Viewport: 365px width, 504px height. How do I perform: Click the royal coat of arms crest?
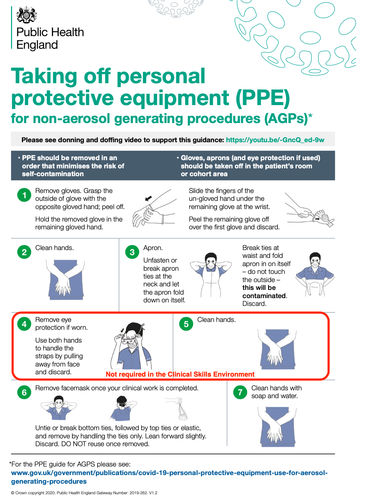pos(27,15)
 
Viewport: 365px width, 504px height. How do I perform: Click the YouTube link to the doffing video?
pos(275,140)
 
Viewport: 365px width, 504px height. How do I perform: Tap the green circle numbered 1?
pos(24,195)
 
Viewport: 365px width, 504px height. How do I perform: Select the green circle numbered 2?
pos(24,252)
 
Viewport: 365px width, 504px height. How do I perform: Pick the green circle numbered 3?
pos(132,252)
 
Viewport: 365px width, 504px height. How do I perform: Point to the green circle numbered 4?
pos(24,324)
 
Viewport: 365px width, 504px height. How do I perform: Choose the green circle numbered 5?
pos(186,324)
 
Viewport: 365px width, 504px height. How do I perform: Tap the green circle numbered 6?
pos(24,392)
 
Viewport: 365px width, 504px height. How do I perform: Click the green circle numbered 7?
pos(240,392)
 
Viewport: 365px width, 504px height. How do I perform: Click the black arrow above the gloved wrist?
pos(148,198)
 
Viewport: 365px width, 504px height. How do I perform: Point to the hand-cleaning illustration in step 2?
pos(66,280)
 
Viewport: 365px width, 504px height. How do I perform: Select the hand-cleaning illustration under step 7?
pos(277,427)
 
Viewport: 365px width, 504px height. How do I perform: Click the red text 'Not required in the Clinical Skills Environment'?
pos(180,374)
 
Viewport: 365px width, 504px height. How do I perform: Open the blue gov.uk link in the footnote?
pos(169,477)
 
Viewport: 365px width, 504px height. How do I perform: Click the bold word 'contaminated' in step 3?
pos(264,296)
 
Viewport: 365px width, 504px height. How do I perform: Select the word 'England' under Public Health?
pos(37,45)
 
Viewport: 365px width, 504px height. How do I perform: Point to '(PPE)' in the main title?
pos(263,98)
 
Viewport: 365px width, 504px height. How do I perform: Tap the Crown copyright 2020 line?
pos(84,493)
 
